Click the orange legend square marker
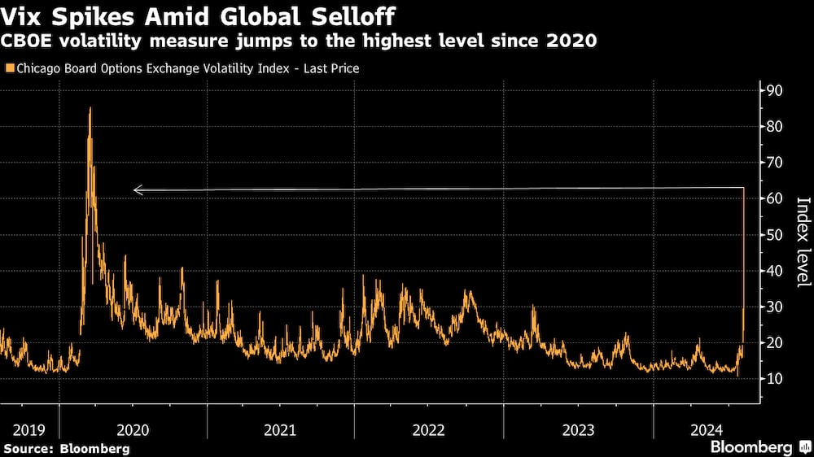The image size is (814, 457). tap(9, 69)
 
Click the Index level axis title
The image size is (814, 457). tap(803, 242)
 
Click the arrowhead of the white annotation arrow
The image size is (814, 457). tap(137, 190)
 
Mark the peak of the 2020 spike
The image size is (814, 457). tap(90, 108)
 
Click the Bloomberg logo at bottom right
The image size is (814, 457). tap(758, 447)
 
